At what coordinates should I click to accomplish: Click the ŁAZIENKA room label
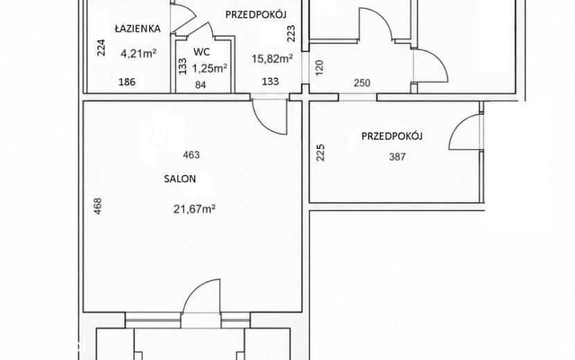tap(138, 28)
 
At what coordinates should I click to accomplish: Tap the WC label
tap(202, 52)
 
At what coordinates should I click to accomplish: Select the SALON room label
tap(179, 179)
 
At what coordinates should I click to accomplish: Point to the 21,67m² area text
tap(194, 209)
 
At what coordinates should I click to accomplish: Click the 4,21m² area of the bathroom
tap(139, 54)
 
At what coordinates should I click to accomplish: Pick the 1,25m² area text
tap(210, 68)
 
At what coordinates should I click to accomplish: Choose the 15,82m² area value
tap(272, 58)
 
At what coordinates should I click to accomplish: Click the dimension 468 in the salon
tap(98, 206)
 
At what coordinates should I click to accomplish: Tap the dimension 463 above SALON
tap(191, 154)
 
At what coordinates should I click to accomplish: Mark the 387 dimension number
tap(397, 157)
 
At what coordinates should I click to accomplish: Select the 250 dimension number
tap(362, 83)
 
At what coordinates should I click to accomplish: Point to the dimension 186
tap(127, 82)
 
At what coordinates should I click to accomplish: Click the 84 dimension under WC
tap(201, 85)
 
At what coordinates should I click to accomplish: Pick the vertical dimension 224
tap(101, 47)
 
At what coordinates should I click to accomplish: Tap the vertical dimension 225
tap(321, 152)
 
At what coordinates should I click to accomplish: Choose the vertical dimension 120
tap(319, 67)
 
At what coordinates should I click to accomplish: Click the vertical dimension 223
tap(291, 33)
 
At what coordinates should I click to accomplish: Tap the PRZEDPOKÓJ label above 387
tap(392, 136)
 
